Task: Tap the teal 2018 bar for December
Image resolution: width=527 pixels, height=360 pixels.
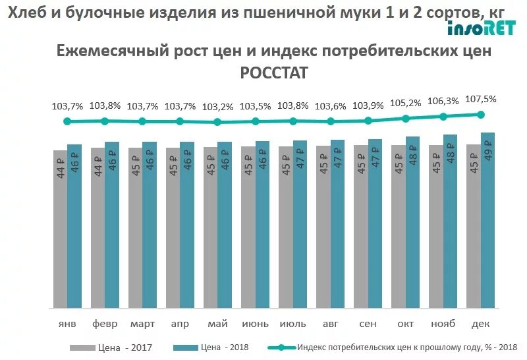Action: coord(487,220)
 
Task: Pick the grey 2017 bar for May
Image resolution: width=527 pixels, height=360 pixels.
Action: coord(210,227)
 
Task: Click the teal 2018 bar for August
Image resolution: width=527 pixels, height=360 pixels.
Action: coord(337,224)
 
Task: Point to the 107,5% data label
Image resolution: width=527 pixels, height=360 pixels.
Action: coord(480,99)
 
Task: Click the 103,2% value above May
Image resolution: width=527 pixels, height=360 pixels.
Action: coord(217,107)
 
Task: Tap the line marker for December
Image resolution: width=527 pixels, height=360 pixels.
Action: coord(480,114)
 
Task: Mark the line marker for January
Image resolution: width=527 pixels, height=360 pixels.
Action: coord(67,121)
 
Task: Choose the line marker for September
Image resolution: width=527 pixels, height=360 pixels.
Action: coord(368,121)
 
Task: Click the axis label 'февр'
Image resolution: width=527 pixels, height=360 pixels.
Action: coord(105,324)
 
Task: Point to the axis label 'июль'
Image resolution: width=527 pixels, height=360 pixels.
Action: coord(292,324)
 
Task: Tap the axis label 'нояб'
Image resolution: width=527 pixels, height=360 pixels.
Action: coord(443,324)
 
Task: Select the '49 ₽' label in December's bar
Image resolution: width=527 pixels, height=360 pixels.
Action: coord(488,153)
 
